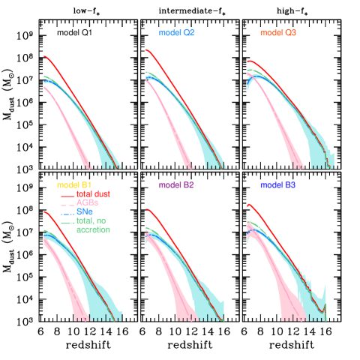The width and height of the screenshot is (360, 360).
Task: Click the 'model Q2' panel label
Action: (x=176, y=33)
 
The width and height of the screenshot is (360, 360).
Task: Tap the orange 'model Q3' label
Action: (x=277, y=33)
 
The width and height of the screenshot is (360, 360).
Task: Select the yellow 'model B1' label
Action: (x=74, y=184)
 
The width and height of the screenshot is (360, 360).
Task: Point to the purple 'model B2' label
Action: (x=176, y=184)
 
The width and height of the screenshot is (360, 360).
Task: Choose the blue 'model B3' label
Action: (x=277, y=184)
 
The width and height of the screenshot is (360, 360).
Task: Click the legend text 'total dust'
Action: (x=94, y=194)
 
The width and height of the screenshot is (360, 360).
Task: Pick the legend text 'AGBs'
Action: (x=87, y=203)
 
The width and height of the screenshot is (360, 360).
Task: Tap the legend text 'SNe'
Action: (x=84, y=212)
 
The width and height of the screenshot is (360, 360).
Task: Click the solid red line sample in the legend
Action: (x=67, y=195)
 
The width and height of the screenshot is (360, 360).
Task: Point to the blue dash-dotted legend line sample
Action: (x=67, y=213)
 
